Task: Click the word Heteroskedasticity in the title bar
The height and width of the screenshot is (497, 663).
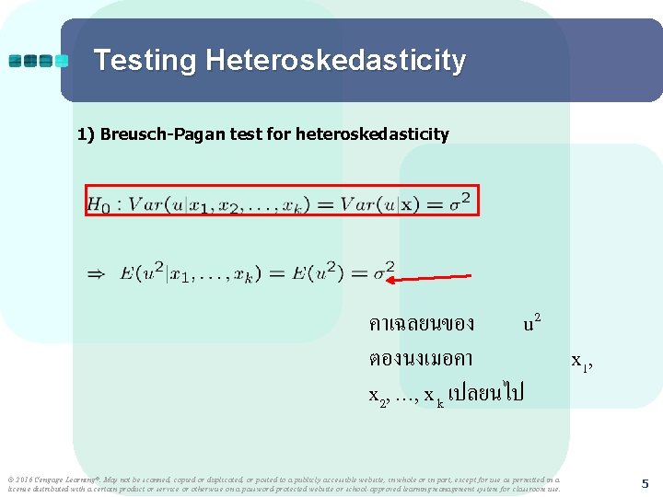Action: coord(336,61)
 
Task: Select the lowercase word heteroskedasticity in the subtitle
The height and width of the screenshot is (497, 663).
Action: coord(372,134)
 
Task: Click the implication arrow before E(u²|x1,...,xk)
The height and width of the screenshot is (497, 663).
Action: coord(95,273)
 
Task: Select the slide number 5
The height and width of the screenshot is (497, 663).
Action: coord(645,483)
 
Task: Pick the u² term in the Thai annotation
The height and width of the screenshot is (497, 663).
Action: coord(531,322)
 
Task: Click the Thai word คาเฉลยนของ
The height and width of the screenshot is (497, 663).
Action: coord(422,323)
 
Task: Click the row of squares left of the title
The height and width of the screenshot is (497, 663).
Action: coord(38,61)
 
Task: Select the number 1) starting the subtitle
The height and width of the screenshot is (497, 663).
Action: coord(87,134)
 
